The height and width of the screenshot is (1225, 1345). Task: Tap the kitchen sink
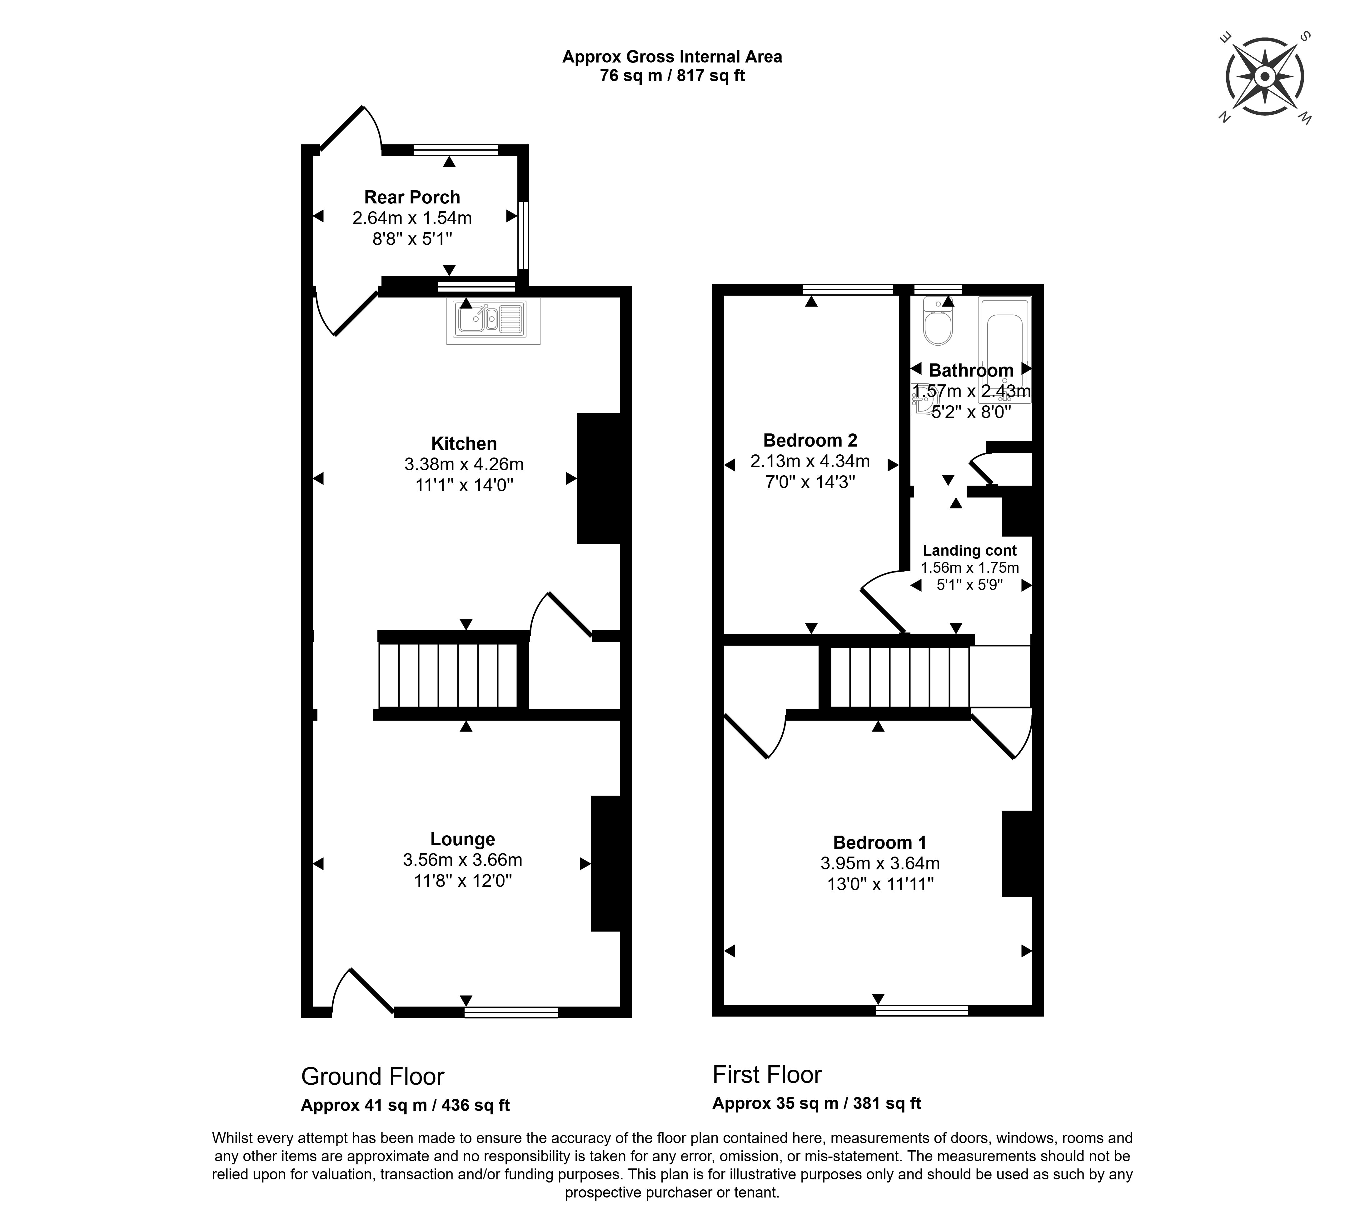493,322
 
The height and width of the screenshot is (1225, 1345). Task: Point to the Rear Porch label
412,197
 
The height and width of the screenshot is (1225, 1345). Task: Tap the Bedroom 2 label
810,440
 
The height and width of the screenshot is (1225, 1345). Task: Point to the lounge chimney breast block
606,863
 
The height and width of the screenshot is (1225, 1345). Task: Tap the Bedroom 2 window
848,289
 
